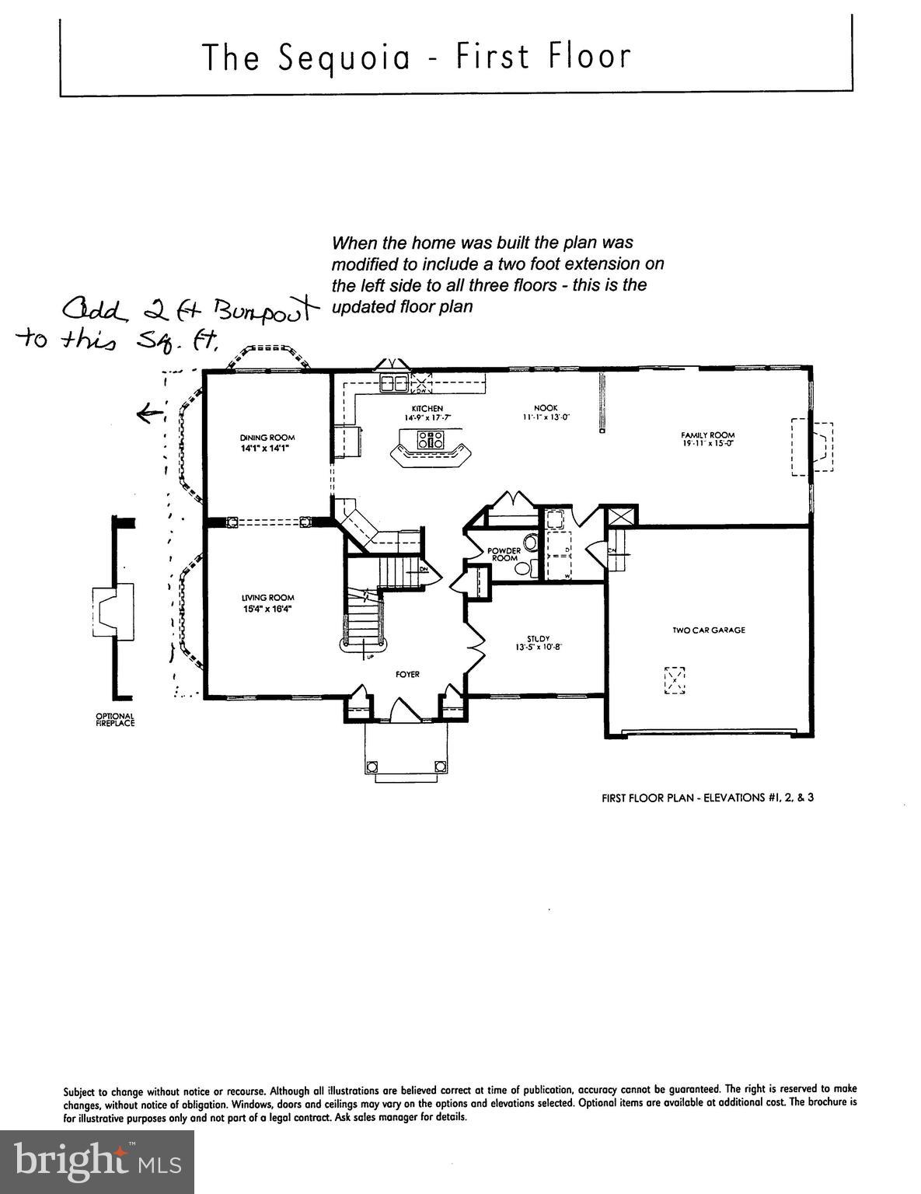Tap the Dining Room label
tap(267, 438)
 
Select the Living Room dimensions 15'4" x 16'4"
tap(267, 609)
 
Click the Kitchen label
tap(427, 408)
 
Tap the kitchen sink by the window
tap(394, 383)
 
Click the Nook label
tap(546, 408)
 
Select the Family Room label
tap(707, 435)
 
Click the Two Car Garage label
tap(708, 630)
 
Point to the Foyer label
tap(407, 674)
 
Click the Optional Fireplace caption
tap(115, 720)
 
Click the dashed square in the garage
tap(675, 680)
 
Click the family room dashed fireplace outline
tap(812, 447)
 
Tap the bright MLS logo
tap(97, 1162)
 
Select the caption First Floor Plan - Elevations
tap(707, 797)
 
